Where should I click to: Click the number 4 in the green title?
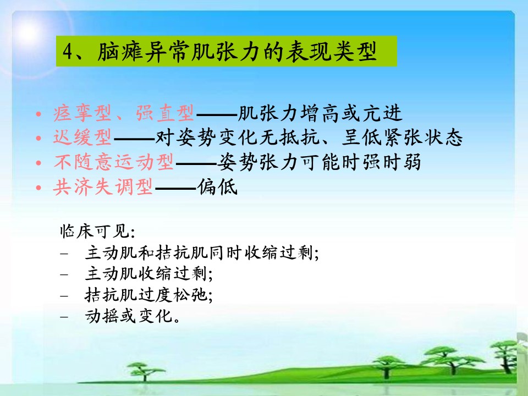click(x=68, y=52)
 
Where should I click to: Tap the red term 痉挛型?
click(x=82, y=113)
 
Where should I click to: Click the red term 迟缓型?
click(x=82, y=137)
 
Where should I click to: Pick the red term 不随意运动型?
click(x=114, y=162)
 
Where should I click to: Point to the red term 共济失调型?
click(x=103, y=186)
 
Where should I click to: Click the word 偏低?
click(x=218, y=186)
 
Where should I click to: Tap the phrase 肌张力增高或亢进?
click(x=320, y=113)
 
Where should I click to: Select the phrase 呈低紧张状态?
click(x=402, y=137)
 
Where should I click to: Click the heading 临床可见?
click(x=98, y=232)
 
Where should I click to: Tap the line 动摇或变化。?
click(x=133, y=316)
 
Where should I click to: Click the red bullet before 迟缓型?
click(x=38, y=138)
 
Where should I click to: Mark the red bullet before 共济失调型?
click(x=38, y=187)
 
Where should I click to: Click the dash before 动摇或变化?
click(x=64, y=317)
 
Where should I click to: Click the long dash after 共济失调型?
click(x=175, y=188)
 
